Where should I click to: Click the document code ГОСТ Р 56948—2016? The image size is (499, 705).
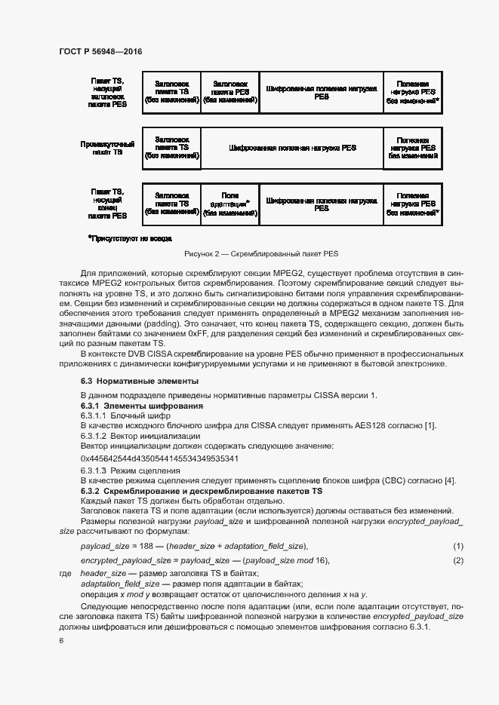point(100,51)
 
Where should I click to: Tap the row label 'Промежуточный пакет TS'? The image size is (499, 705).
point(108,148)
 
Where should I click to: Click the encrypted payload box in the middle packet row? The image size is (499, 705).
point(292,148)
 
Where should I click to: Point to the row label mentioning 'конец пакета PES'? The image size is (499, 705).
point(108,204)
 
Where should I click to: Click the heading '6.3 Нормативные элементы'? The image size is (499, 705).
point(140,382)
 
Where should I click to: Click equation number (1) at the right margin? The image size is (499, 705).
point(457,545)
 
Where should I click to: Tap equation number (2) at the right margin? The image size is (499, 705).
point(457,560)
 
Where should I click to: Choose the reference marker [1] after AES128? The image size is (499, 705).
point(430,426)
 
